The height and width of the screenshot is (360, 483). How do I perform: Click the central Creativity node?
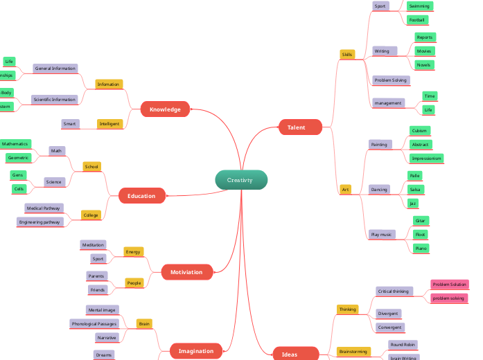coord(240,180)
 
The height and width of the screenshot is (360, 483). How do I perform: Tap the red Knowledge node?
coord(165,109)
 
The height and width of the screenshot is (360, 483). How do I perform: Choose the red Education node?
coord(141,196)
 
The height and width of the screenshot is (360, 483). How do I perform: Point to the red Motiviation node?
coord(186,272)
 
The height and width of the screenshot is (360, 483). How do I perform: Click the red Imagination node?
coord(196,351)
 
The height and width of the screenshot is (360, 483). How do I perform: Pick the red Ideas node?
coord(290,354)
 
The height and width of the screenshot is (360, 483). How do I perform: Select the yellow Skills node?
coord(347,54)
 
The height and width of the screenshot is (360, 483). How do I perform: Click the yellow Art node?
coord(345,189)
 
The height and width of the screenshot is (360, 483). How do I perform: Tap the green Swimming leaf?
coord(419,6)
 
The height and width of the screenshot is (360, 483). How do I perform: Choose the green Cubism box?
coord(419,131)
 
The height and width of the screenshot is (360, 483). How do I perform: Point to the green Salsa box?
coord(415,189)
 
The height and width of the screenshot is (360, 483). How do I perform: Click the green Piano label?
coord(420,248)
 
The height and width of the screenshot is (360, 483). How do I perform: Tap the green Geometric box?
coord(19,158)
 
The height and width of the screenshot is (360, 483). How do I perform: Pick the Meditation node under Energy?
coord(93,245)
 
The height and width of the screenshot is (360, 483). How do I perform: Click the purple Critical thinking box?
coord(393,291)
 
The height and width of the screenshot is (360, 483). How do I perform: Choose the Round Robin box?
coord(402,344)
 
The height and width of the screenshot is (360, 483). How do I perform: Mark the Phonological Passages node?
coord(94,323)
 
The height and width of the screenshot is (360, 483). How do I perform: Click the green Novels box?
coord(423,65)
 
